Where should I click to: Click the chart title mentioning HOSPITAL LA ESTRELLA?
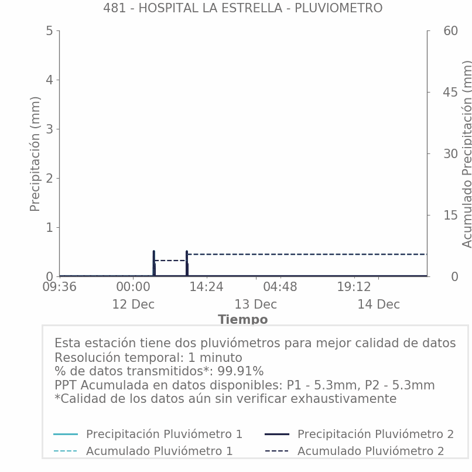pos(242,8)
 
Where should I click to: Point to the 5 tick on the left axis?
pos(49,30)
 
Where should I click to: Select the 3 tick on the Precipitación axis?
pos(49,129)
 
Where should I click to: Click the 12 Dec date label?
pos(134,305)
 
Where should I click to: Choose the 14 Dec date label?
pos(378,305)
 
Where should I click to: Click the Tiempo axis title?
pos(242,320)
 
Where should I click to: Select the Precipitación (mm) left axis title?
pos(35,153)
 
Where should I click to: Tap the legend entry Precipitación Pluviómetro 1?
pos(164,434)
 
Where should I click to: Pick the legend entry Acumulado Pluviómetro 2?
pos(370,451)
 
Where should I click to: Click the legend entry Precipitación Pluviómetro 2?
pos(375,434)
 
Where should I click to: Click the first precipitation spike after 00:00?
pos(154,261)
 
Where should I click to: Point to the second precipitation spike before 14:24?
pos(187,261)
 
